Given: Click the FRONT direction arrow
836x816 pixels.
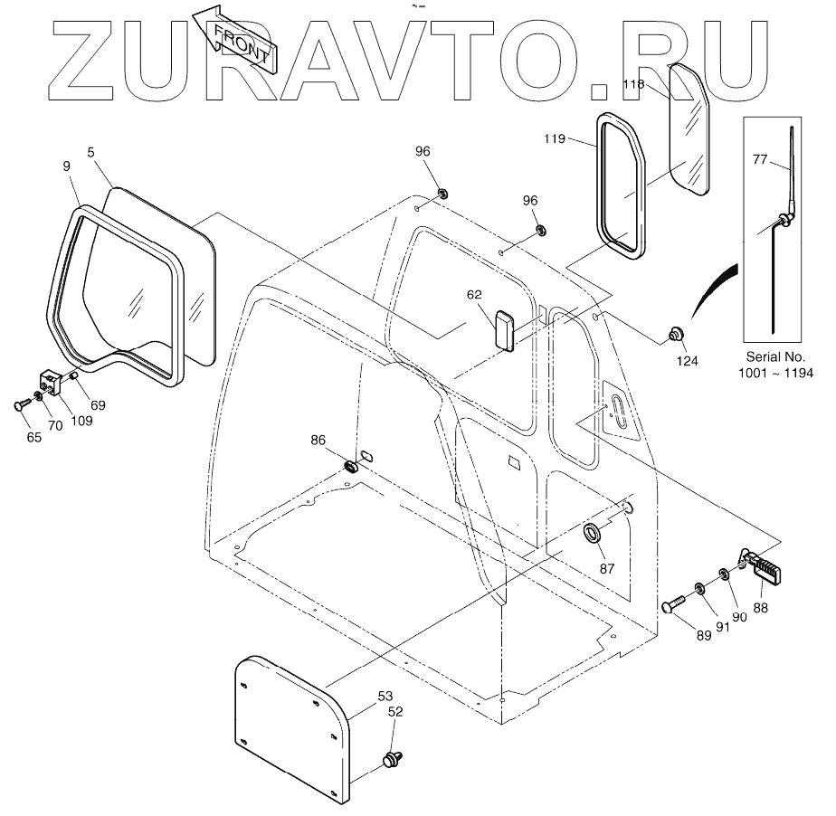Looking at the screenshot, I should tap(237, 39).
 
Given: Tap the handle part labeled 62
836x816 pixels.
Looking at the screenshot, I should tap(503, 327).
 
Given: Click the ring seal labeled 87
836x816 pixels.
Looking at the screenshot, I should tap(594, 533).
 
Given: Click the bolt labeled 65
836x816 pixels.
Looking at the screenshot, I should tap(23, 407).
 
